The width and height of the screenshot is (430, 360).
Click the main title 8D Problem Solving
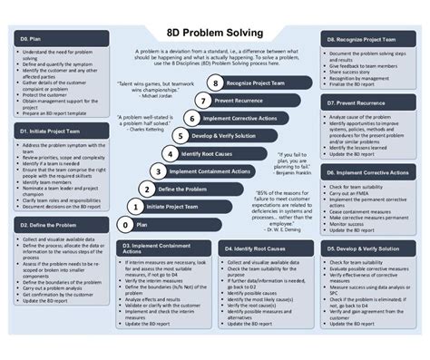tap(215, 34)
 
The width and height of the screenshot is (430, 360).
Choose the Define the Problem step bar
tap(182, 188)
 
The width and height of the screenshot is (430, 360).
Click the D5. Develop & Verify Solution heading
tap(362, 247)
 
